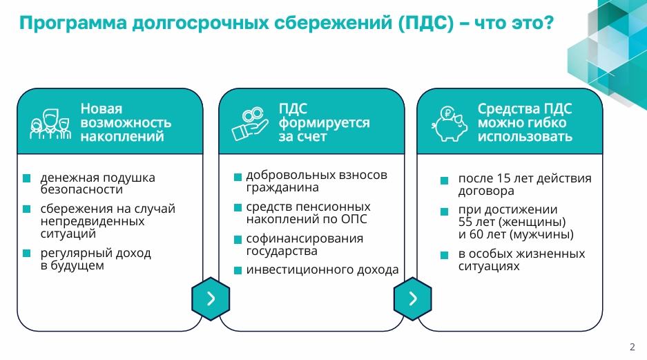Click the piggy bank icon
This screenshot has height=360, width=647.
tap(450, 124)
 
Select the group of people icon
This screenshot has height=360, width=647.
tap(50, 124)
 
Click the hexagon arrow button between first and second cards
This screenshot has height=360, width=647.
tap(211, 299)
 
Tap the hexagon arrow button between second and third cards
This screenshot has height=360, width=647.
tap(413, 299)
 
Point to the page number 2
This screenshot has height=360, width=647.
tap(632, 347)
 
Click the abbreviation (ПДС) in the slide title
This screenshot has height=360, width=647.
tap(426, 23)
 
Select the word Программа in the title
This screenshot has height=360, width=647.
tap(73, 23)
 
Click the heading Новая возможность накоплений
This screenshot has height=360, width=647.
tap(126, 122)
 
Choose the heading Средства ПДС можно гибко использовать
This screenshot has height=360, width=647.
tap(525, 122)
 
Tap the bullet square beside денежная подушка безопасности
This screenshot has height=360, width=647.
tap(27, 178)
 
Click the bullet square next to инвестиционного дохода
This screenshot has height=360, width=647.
tap(238, 270)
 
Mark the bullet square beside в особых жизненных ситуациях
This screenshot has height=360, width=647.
tap(445, 255)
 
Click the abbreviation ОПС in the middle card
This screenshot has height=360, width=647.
tap(354, 219)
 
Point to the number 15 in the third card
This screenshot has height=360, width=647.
tap(504, 178)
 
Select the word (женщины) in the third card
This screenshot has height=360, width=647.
tap(532, 222)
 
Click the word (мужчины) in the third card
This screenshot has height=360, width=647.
tap(541, 234)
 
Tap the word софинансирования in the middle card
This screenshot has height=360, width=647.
tap(305, 238)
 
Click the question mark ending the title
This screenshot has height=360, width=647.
tap(548, 23)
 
